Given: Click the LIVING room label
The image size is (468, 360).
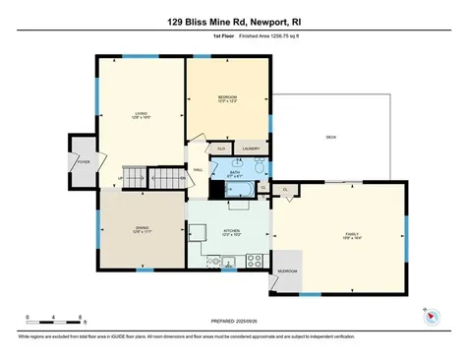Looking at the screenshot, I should [x=141, y=112].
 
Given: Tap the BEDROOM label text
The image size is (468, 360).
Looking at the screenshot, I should [x=228, y=97].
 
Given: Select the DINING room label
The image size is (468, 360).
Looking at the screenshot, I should [x=142, y=228].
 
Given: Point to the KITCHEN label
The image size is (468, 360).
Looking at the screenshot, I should [x=231, y=232].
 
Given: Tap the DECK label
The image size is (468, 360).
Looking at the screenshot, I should [x=331, y=137].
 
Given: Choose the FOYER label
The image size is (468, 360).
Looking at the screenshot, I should [x=84, y=159].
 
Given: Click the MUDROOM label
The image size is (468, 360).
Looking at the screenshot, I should [x=287, y=270].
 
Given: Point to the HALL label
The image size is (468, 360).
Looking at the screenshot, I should [x=198, y=169].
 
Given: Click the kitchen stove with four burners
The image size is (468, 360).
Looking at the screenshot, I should [x=255, y=261].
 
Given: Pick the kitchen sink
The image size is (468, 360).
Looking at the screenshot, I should [x=227, y=263].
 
